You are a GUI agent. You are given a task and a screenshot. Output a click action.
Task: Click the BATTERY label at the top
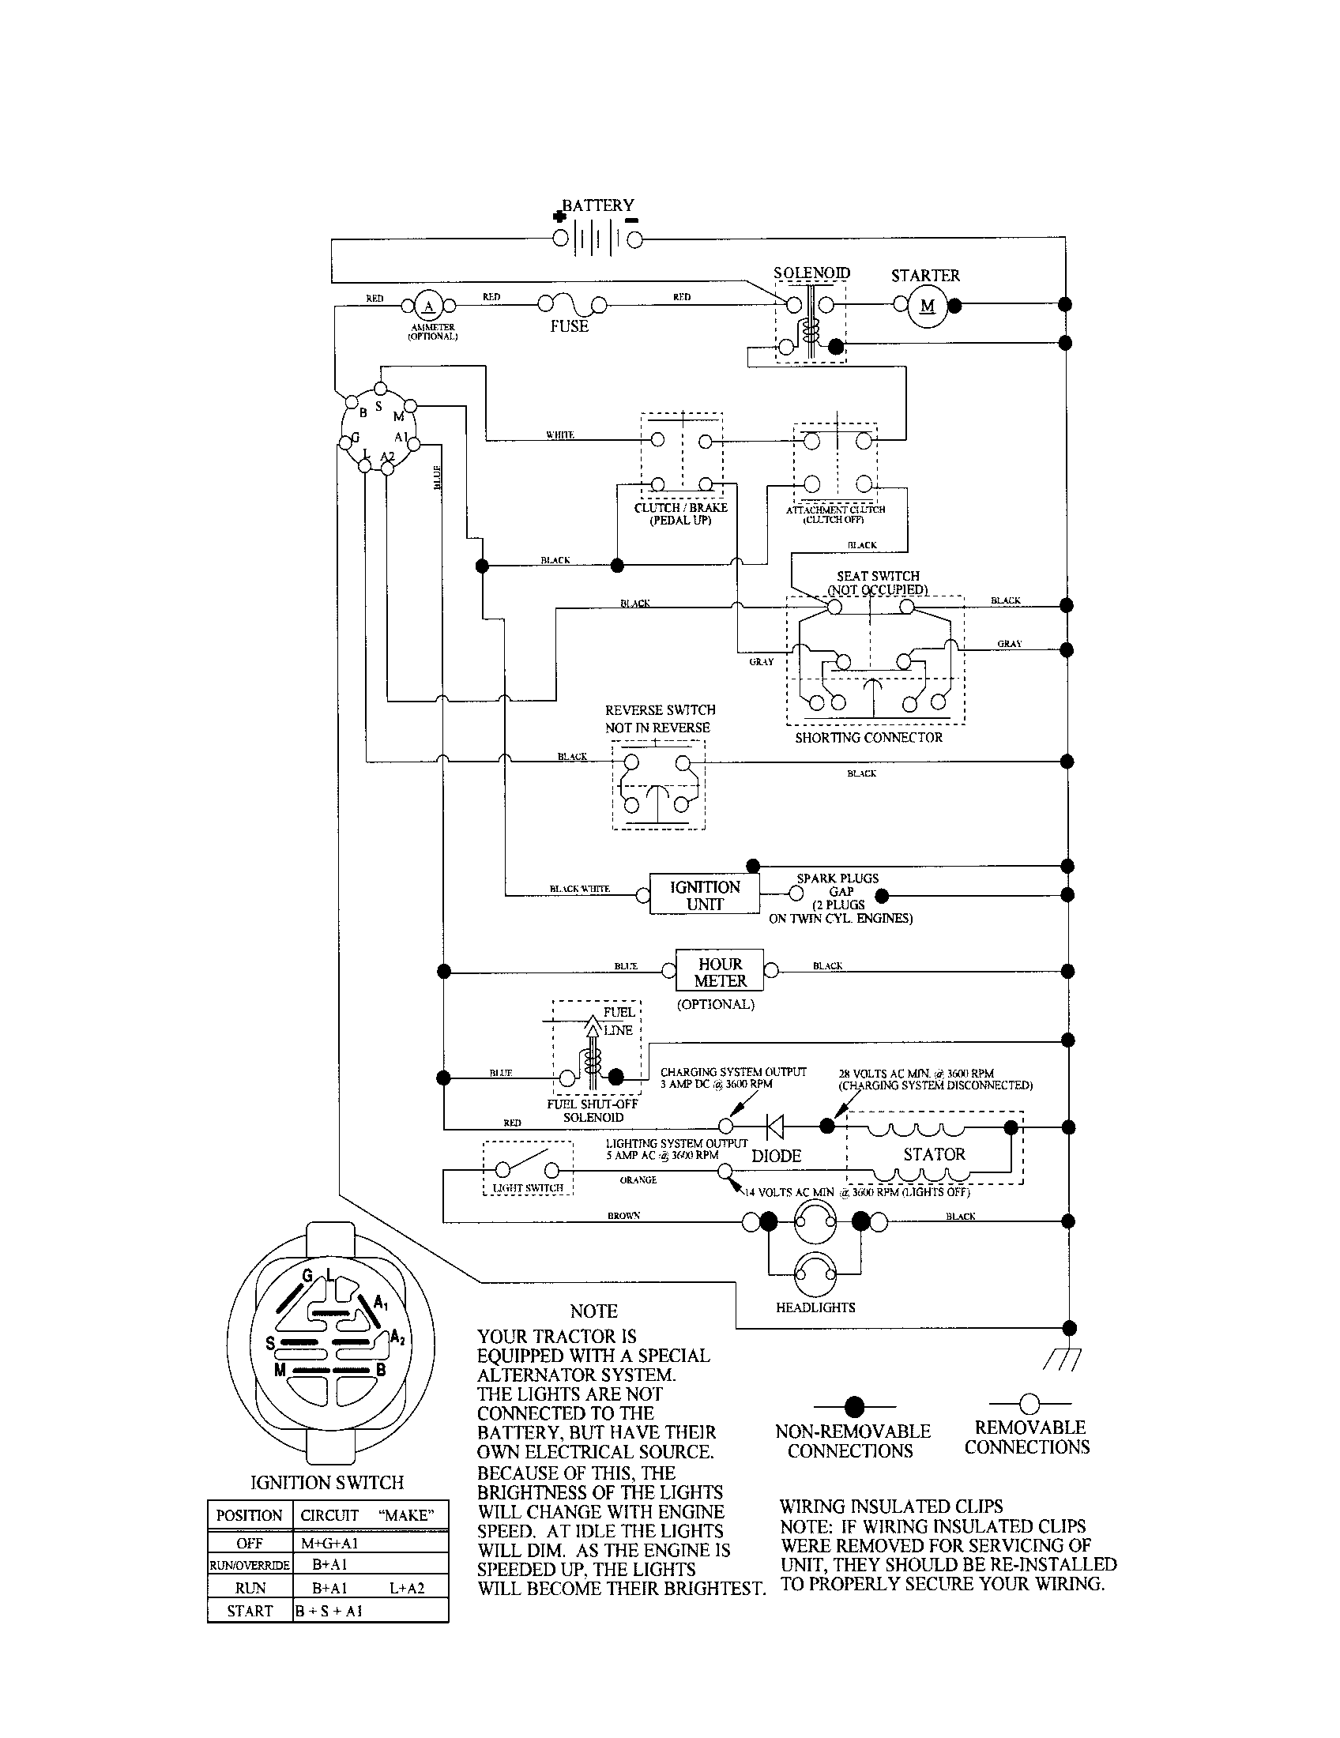pos(597,205)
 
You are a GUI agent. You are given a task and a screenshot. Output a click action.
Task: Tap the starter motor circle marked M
pos(927,306)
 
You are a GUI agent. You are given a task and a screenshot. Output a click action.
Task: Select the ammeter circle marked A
pos(428,306)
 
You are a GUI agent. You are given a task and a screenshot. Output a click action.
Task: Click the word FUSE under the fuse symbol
pos(569,326)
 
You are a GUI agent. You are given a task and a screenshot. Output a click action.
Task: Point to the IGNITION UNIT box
pos(704,895)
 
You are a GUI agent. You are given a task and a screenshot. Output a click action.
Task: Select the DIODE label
pos(776,1156)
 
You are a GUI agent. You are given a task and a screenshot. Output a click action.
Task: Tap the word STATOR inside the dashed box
pos(934,1154)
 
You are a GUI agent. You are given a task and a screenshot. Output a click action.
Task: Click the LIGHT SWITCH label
pos(528,1188)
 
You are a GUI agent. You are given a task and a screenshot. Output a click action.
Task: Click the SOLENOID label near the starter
pos(811,273)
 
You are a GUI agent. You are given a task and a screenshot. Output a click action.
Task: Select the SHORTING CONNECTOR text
pos(868,738)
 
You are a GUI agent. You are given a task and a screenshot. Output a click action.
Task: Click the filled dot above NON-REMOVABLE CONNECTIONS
pos(854,1406)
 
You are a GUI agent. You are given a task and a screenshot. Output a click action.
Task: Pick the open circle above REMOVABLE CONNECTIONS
pos(1029,1403)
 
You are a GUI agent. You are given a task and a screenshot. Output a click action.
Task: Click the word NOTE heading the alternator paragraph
pos(593,1311)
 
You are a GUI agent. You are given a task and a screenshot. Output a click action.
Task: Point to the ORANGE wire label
pos(638,1180)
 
